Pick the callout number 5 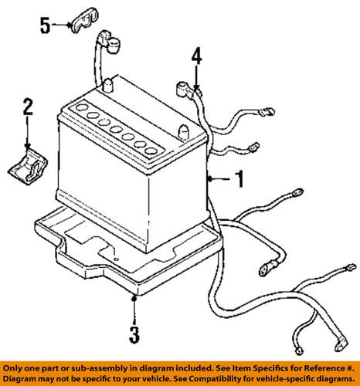coord(46,26)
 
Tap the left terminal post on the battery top coord(109,83)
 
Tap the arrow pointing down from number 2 coord(29,143)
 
